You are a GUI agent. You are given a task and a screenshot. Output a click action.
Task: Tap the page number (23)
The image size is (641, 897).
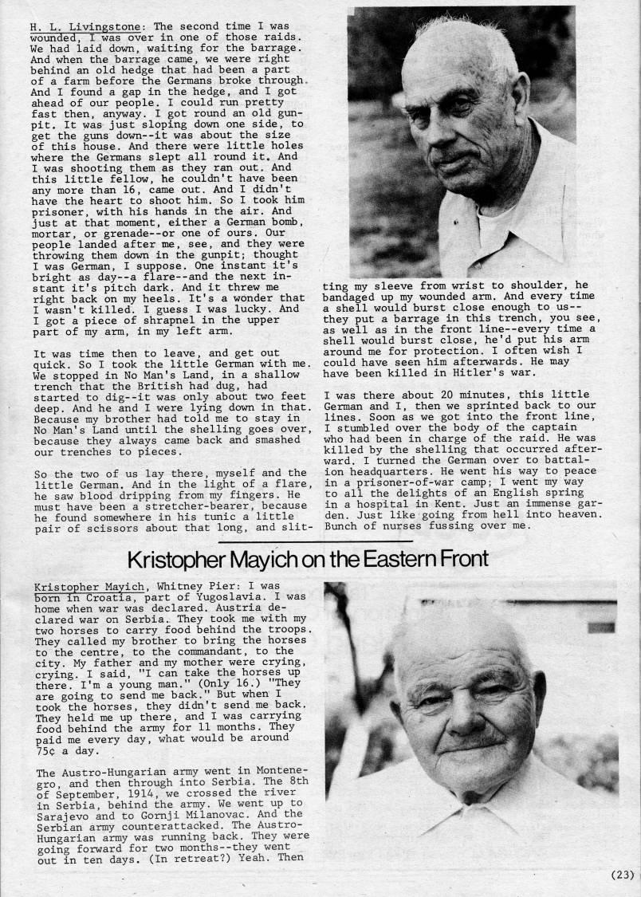(x=622, y=874)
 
